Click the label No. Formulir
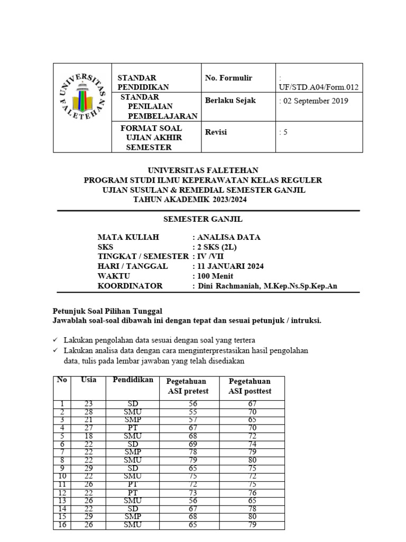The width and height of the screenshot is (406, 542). [228, 78]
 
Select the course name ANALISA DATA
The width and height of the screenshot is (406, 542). [228, 237]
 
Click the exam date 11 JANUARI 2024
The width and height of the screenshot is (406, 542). [230, 266]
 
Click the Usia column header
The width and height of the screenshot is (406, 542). [88, 380]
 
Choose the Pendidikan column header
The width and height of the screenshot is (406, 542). [133, 380]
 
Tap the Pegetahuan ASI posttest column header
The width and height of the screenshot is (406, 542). [250, 386]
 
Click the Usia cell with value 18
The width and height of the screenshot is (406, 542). [88, 437]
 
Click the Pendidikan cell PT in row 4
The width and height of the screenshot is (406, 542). [133, 428]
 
